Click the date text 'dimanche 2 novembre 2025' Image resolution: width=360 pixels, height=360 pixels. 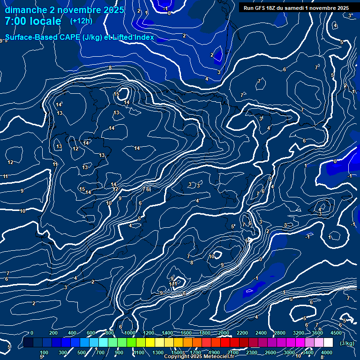[64, 10]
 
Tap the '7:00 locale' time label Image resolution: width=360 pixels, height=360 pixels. [33, 22]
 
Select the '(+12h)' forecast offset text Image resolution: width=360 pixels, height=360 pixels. [81, 21]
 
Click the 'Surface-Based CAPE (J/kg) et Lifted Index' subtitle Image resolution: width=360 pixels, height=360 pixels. [80, 37]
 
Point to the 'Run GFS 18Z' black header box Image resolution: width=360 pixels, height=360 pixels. [296, 7]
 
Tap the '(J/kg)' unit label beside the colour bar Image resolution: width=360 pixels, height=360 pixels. [347, 343]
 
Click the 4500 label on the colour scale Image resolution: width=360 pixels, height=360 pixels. [336, 333]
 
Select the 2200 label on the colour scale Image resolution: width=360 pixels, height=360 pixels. [242, 333]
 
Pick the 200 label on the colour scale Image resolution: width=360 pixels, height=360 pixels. [53, 333]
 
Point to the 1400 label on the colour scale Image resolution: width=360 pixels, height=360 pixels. [167, 333]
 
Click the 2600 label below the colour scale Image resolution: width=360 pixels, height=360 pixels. [270, 352]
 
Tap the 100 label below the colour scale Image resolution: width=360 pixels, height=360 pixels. [44, 352]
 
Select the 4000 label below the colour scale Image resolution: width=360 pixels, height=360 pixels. [327, 352]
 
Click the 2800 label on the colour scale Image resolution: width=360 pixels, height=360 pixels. [280, 333]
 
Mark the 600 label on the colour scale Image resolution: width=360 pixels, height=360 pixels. [91, 333]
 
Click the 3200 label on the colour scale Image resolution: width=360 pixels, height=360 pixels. [299, 333]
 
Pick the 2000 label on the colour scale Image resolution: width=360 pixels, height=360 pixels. [224, 333]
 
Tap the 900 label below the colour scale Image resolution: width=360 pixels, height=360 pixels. [119, 352]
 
